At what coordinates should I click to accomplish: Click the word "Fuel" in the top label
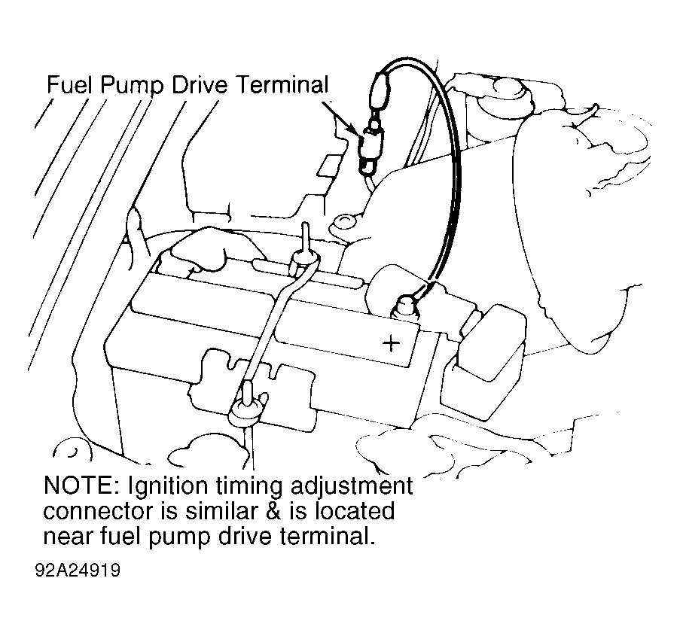[69, 84]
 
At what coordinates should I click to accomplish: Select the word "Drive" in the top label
[199, 84]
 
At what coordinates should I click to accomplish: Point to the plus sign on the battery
[391, 343]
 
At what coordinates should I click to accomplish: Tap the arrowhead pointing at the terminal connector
[353, 128]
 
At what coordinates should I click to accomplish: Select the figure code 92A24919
[78, 571]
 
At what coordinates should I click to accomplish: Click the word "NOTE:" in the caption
[78, 485]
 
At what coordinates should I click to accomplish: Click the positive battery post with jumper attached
[404, 304]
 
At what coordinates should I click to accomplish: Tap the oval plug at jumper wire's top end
[380, 90]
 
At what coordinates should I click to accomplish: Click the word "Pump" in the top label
[132, 86]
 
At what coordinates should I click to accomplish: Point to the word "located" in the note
[355, 511]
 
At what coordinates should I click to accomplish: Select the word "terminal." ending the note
[327, 537]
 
